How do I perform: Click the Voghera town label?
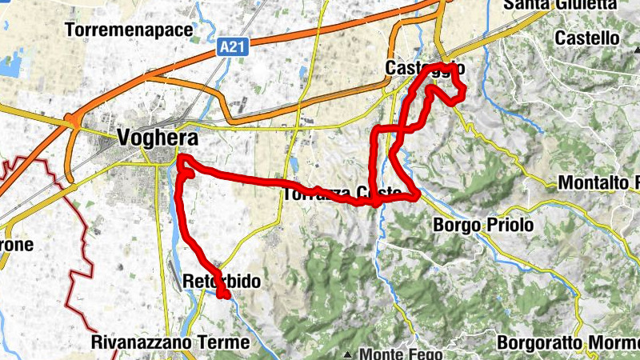coord(157,138)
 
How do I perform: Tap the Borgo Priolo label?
coord(483,226)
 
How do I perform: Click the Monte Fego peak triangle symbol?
coord(349,354)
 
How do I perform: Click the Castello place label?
coord(587,38)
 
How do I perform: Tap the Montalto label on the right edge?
coord(598,182)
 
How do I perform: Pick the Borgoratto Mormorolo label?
coord(568,342)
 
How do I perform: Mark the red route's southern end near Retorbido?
coord(226,296)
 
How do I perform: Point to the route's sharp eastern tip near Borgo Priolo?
coord(418,195)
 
